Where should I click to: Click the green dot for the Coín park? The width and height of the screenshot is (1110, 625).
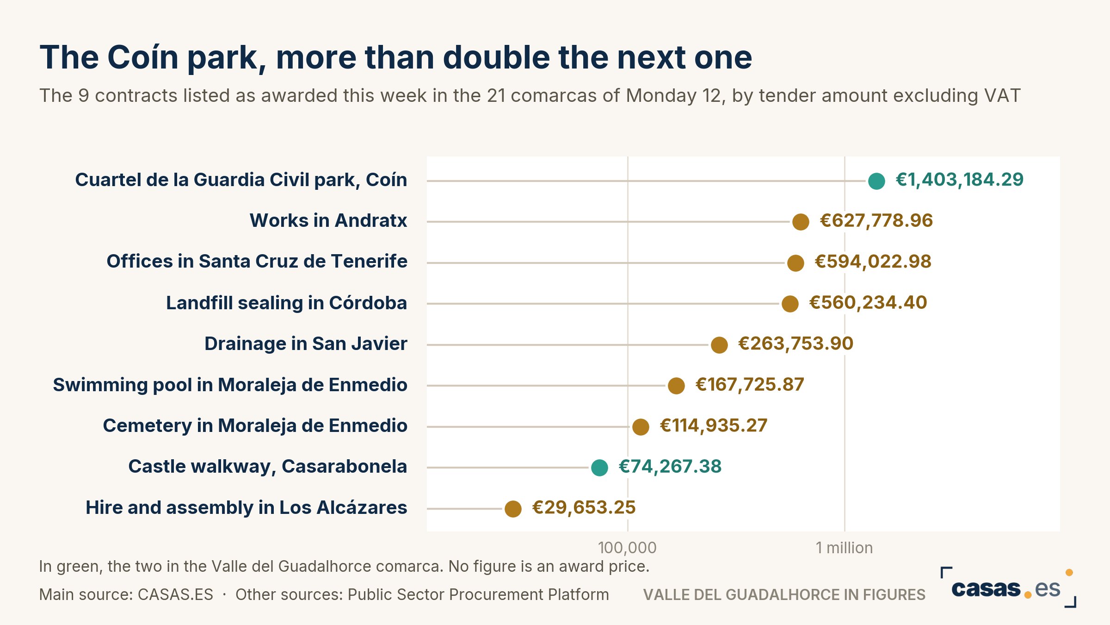click(x=876, y=181)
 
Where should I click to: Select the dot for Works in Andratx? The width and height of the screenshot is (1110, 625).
click(x=801, y=222)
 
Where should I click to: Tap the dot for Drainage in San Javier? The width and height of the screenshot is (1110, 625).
click(x=719, y=345)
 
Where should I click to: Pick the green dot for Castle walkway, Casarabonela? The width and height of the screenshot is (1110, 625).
click(x=599, y=468)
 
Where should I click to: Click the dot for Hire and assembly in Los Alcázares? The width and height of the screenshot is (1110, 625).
click(x=513, y=509)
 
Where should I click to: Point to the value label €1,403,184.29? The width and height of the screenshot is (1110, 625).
click(x=960, y=180)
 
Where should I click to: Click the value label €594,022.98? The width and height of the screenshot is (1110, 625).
click(x=873, y=262)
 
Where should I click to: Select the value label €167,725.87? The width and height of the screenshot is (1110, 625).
click(x=750, y=385)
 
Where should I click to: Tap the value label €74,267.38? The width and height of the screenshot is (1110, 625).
click(x=670, y=467)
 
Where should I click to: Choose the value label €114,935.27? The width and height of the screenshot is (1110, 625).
click(x=714, y=425)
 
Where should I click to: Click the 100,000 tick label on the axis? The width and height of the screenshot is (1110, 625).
click(x=627, y=548)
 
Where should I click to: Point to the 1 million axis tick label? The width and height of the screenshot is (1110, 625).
click(x=844, y=548)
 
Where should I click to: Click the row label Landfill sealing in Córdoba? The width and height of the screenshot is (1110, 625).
click(x=287, y=303)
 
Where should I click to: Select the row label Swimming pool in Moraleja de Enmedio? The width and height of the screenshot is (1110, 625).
click(x=230, y=385)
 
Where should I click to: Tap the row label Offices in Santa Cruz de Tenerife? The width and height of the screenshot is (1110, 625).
click(x=257, y=262)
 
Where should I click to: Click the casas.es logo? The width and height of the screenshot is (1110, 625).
click(x=1008, y=587)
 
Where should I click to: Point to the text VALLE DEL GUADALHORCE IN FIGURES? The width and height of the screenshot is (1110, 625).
click(x=784, y=594)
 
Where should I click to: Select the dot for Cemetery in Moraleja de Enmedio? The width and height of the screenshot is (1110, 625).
click(x=641, y=427)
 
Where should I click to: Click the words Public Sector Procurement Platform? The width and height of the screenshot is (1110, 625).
click(x=478, y=594)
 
